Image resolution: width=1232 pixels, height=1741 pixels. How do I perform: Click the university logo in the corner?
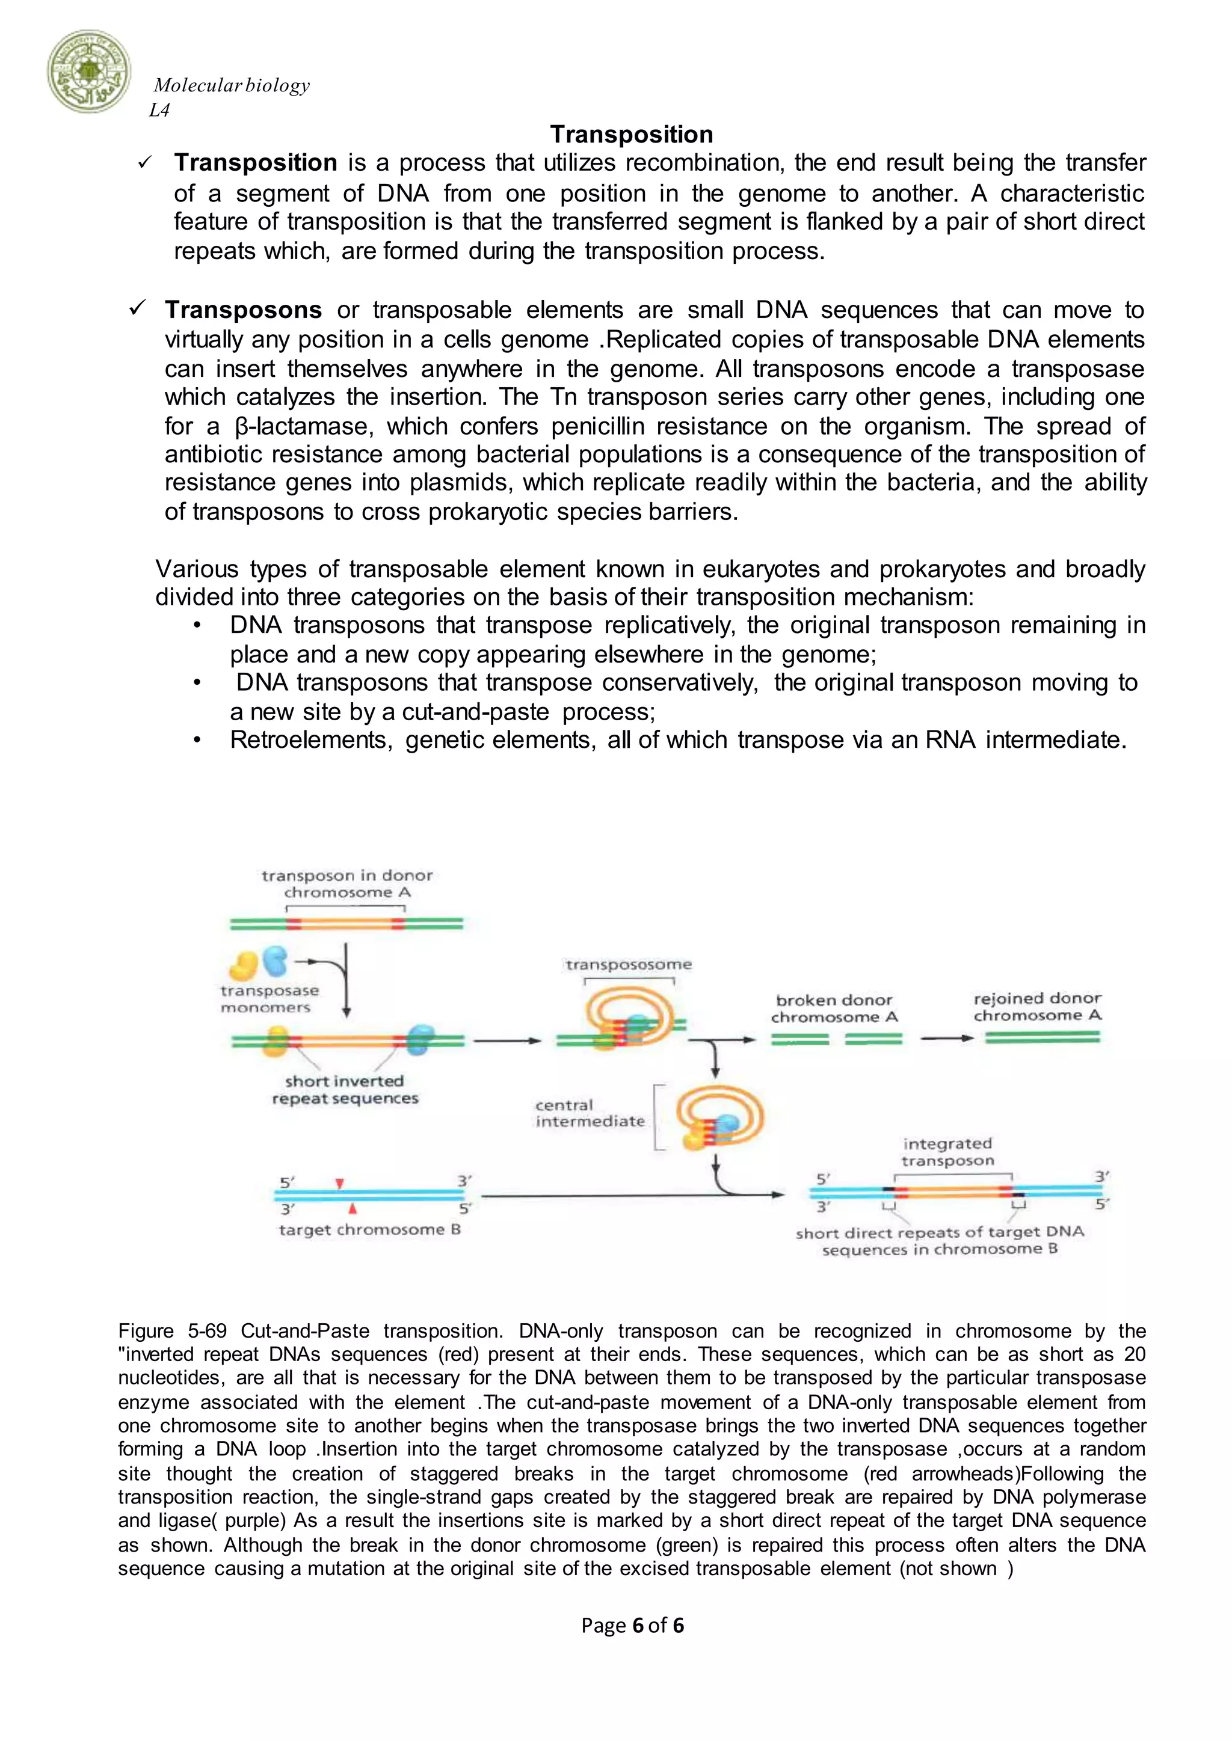click(89, 73)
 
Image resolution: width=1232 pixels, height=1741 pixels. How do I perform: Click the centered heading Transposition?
click(631, 134)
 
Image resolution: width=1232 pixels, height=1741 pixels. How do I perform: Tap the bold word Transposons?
click(244, 310)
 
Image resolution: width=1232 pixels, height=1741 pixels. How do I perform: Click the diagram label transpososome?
click(628, 964)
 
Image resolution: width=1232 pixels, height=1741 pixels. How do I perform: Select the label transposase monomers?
click(269, 999)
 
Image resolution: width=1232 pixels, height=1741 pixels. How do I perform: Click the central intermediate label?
click(590, 1112)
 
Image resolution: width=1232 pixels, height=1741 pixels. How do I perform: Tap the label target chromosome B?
click(369, 1229)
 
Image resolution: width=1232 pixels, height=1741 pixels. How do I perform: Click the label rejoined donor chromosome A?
click(1037, 1006)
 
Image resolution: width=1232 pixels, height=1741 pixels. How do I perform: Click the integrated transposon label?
click(947, 1152)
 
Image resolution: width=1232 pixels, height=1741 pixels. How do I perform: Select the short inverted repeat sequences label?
click(345, 1090)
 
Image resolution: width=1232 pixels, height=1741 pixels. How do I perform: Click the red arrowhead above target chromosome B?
click(340, 1184)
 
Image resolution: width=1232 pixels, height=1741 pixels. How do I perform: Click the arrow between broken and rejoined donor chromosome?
click(946, 1038)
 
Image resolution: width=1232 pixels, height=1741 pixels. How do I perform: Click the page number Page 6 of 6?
click(632, 1625)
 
